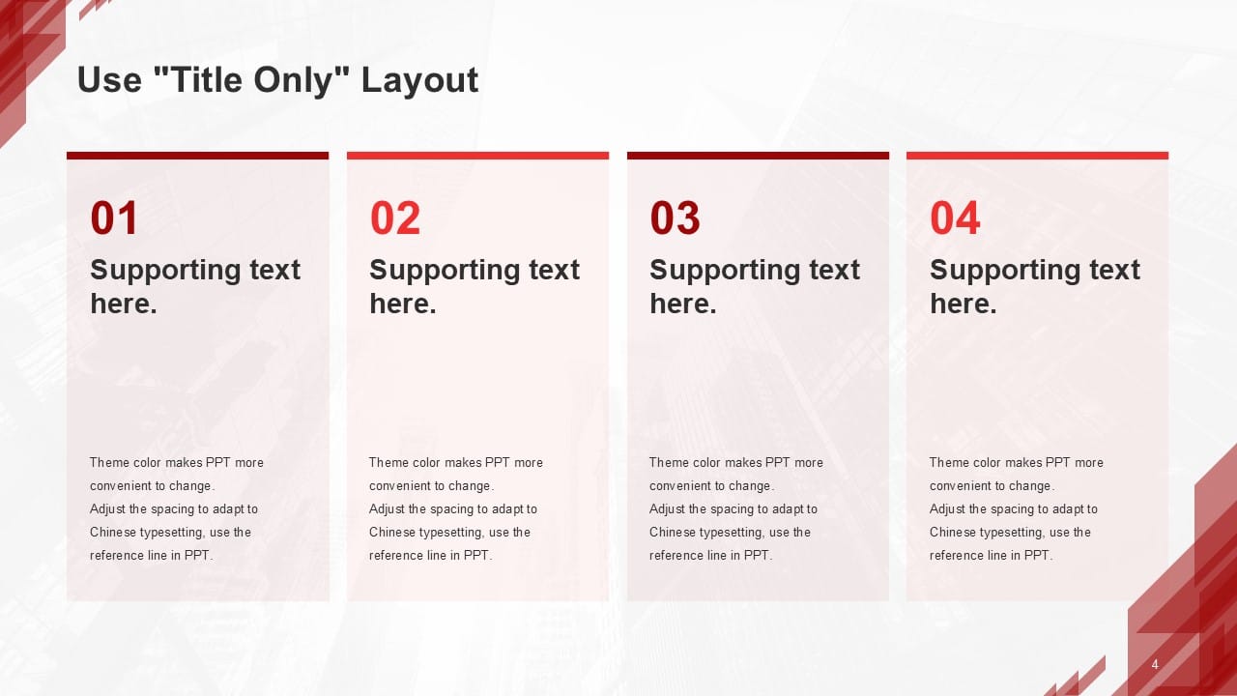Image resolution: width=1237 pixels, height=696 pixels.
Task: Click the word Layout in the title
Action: (419, 81)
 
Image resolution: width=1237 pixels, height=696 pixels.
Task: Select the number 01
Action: (114, 217)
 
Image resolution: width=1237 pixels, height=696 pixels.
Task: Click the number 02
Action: (395, 217)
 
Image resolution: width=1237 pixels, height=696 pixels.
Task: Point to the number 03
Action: (675, 217)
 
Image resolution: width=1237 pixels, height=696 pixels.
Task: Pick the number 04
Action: (955, 217)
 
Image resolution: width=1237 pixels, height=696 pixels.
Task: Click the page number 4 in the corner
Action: (1155, 664)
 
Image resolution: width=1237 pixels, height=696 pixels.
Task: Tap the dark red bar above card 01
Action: (198, 156)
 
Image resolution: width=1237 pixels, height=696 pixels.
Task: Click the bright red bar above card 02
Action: (477, 156)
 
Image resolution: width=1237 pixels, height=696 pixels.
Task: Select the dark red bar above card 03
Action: (758, 156)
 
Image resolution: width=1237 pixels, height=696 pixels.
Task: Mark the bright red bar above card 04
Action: (1037, 156)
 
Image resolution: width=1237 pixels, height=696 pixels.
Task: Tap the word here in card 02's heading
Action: (403, 304)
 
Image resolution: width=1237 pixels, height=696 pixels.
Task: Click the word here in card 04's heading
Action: (964, 304)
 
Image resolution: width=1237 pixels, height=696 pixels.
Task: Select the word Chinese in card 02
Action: (392, 532)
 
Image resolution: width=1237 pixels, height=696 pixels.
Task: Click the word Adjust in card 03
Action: (667, 509)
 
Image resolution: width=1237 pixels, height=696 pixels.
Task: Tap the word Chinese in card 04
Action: (953, 532)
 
